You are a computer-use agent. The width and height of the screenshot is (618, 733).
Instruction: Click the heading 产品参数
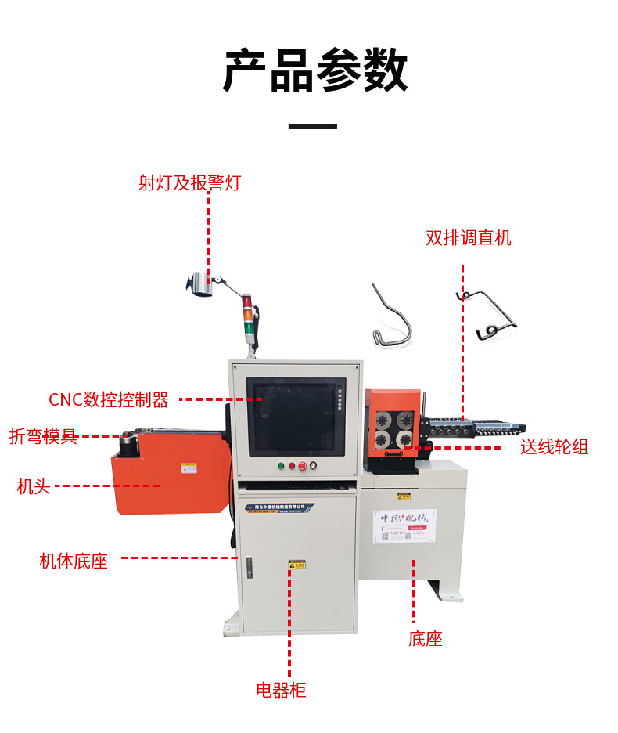[315, 70]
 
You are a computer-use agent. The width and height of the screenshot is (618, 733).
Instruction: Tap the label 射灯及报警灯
[189, 183]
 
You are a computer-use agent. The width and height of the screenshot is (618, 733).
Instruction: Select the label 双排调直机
[469, 237]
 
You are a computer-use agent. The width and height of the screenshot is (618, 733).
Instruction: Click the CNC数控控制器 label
[109, 400]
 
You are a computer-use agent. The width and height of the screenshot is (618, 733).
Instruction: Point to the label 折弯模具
[44, 437]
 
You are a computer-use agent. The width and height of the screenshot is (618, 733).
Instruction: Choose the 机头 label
[34, 486]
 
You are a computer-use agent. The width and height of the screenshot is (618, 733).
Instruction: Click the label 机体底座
[74, 561]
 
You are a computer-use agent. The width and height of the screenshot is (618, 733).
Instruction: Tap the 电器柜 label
[281, 690]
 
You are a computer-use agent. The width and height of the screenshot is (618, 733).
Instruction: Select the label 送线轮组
[555, 447]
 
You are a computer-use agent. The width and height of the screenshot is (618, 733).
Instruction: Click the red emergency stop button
[302, 466]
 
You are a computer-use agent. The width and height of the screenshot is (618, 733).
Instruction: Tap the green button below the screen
[281, 466]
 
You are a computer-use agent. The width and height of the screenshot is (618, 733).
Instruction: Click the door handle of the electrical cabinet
[249, 566]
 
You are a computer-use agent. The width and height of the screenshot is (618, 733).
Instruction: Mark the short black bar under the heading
[313, 125]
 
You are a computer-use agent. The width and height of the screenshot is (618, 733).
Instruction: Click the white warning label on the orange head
[189, 468]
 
